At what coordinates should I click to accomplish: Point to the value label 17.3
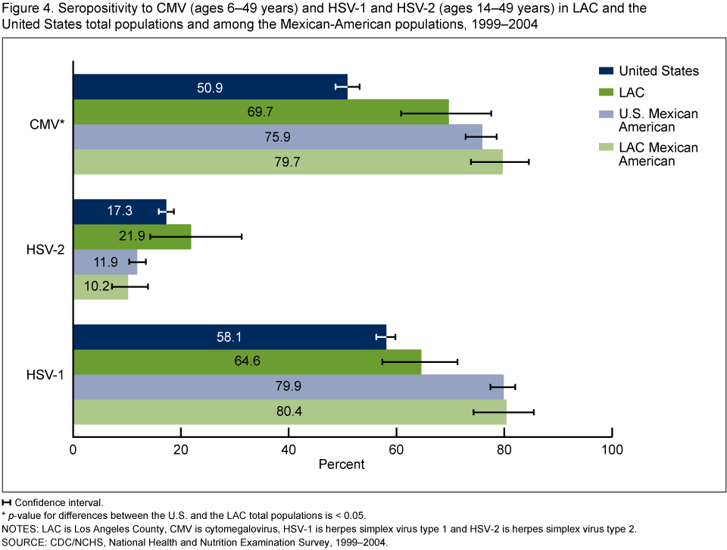tap(120, 211)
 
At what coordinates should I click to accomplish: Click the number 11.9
tap(106, 262)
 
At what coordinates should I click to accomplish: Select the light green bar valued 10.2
tap(87, 287)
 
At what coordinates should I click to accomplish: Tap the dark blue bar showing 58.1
tap(151, 337)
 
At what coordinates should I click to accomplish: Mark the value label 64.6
tap(248, 361)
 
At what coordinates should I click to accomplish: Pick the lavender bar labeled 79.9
tap(189, 386)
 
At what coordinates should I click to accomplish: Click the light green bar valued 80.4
tap(189, 412)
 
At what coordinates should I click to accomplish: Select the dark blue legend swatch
tap(606, 70)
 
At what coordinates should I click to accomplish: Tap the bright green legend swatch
tap(606, 92)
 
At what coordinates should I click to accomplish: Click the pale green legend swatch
tap(606, 147)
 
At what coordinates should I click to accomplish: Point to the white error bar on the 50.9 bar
tap(341, 87)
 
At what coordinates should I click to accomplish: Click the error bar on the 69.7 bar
tap(425, 113)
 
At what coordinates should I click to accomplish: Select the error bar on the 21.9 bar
tap(170, 237)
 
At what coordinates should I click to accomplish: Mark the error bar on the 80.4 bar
tap(490, 412)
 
